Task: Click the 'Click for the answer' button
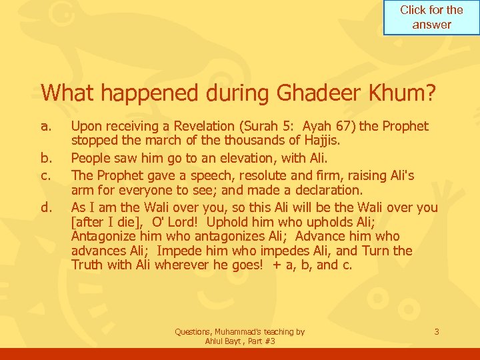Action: click(431, 18)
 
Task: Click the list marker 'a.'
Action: click(45, 126)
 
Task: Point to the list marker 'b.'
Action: click(45, 159)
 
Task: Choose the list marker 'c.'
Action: click(45, 175)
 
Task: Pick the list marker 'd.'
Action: click(45, 207)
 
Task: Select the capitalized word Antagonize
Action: click(103, 237)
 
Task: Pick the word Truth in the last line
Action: click(87, 265)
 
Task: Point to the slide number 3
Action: click(436, 331)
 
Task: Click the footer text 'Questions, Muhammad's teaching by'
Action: click(239, 331)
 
